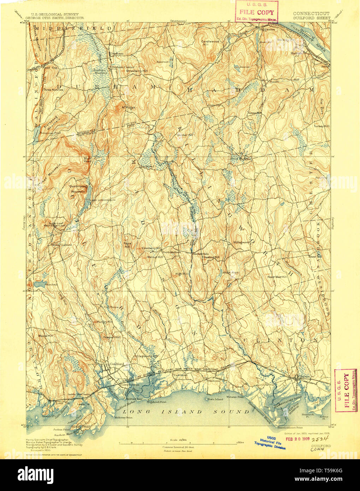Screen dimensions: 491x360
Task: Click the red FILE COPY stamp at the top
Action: (257, 12)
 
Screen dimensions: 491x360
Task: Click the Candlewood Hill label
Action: (210, 43)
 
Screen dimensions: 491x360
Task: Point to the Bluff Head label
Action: (87, 160)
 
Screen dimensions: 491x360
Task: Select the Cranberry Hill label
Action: (152, 248)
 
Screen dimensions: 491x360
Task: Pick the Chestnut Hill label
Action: (211, 257)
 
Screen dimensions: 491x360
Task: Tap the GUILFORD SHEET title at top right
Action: (312, 18)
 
